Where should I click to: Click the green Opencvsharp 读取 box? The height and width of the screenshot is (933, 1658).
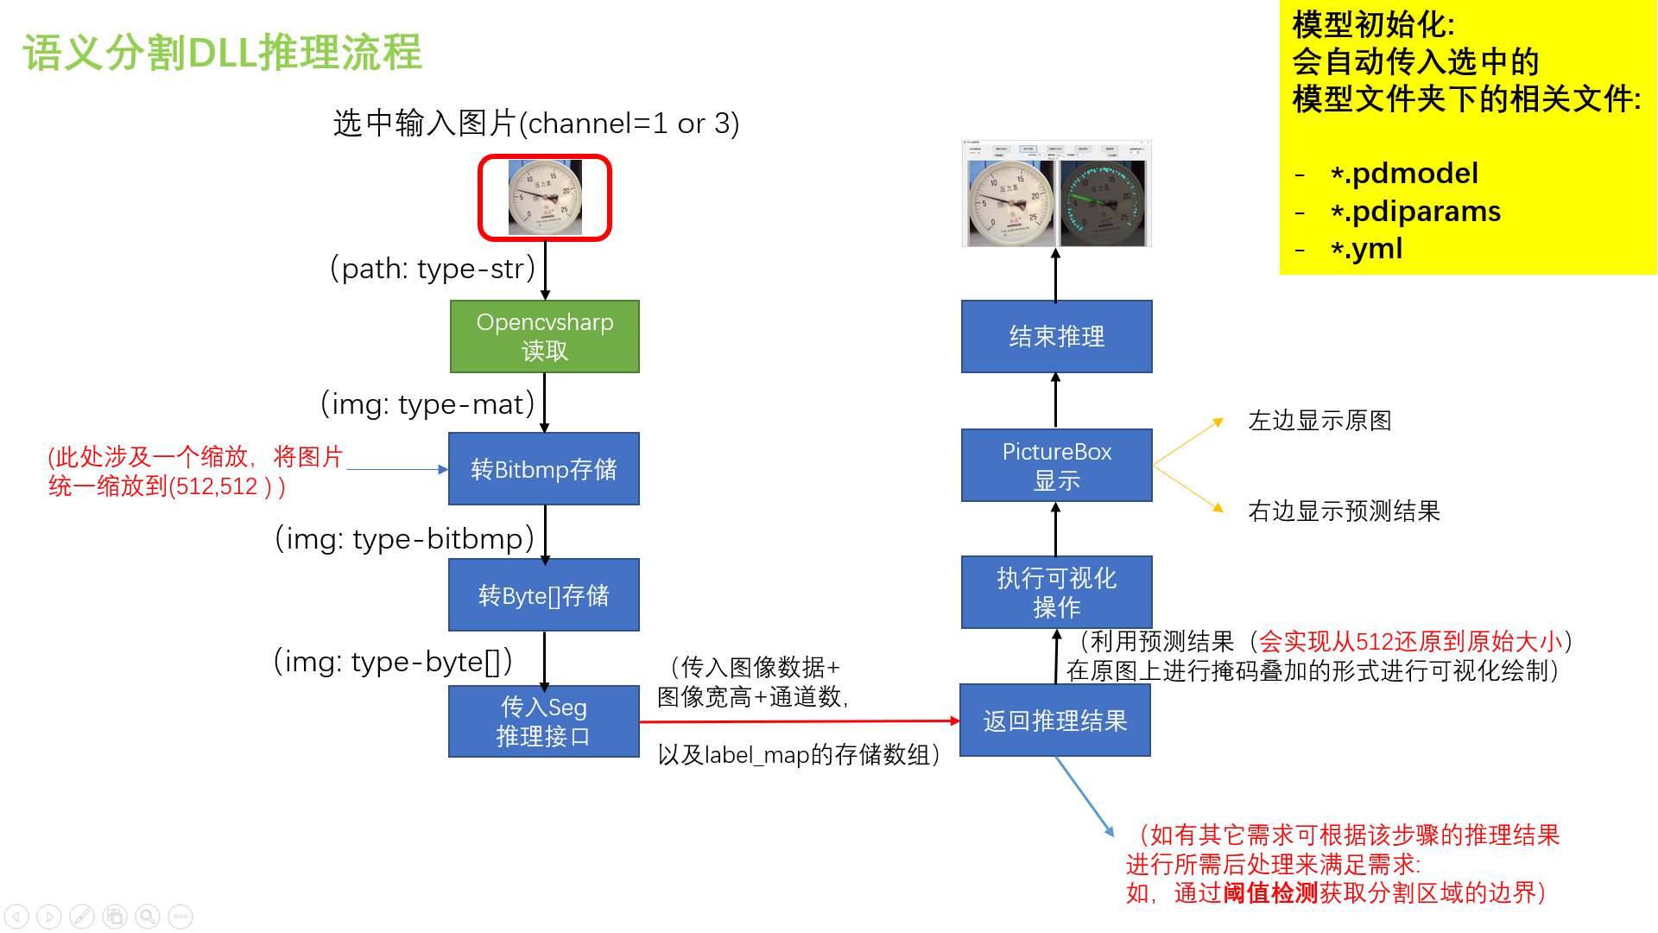(x=544, y=336)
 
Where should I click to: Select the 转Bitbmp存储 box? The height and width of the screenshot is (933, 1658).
(x=544, y=468)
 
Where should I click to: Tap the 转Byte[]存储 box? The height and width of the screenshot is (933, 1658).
(x=544, y=595)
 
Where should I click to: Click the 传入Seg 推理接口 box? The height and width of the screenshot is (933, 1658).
(x=544, y=721)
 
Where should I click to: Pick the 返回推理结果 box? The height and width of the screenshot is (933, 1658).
(x=1055, y=720)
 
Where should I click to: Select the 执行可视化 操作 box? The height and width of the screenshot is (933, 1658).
(x=1056, y=592)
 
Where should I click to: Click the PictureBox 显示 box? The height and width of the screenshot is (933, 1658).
(x=1056, y=465)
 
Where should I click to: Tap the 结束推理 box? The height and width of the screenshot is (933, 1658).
(x=1056, y=336)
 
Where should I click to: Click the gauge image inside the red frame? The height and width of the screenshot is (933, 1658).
(x=545, y=198)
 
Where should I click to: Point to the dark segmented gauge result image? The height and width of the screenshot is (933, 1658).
(x=1103, y=204)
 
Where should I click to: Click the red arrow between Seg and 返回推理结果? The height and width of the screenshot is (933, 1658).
(x=799, y=721)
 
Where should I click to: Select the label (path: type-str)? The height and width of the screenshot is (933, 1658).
(x=433, y=269)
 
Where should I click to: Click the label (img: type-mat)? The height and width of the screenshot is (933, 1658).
(x=427, y=403)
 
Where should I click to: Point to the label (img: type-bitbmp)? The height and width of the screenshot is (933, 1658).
(x=404, y=538)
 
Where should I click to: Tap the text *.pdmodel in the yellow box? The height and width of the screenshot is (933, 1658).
(x=1404, y=174)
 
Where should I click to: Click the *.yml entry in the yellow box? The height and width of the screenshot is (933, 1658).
(x=1366, y=249)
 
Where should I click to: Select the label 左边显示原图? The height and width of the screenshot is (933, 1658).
(x=1319, y=421)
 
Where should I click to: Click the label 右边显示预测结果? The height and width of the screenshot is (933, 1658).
(x=1344, y=511)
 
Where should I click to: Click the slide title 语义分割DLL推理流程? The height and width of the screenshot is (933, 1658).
(x=222, y=53)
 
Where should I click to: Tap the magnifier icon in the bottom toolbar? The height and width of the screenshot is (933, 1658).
(x=148, y=916)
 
